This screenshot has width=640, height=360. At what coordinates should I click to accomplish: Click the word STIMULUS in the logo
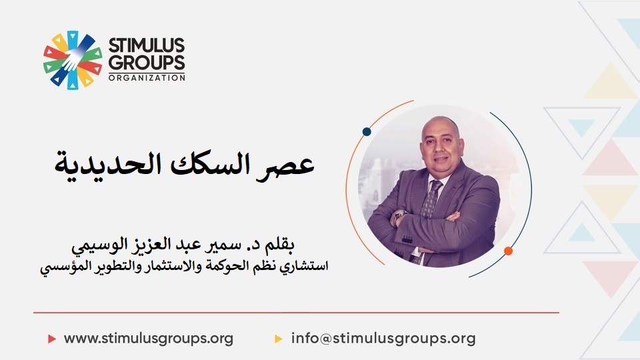(147, 45)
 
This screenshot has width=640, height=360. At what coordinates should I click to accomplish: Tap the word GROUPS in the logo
(147, 63)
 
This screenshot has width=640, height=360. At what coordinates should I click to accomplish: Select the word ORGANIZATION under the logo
(147, 77)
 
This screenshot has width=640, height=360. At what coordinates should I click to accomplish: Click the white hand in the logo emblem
(73, 59)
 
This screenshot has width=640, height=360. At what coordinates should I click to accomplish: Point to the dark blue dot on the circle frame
(367, 131)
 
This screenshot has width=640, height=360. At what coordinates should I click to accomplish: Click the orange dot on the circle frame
(508, 251)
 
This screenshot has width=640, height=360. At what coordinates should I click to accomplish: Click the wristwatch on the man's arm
(398, 215)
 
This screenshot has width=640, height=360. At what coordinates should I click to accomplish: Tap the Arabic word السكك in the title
(209, 163)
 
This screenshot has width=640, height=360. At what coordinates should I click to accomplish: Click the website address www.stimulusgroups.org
(149, 339)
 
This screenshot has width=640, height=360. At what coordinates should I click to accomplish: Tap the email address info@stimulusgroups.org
(383, 339)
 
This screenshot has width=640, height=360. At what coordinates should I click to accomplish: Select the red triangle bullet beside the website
(52, 339)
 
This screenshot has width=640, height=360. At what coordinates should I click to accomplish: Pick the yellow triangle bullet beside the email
(279, 339)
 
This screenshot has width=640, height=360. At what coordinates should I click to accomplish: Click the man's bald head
(440, 127)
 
